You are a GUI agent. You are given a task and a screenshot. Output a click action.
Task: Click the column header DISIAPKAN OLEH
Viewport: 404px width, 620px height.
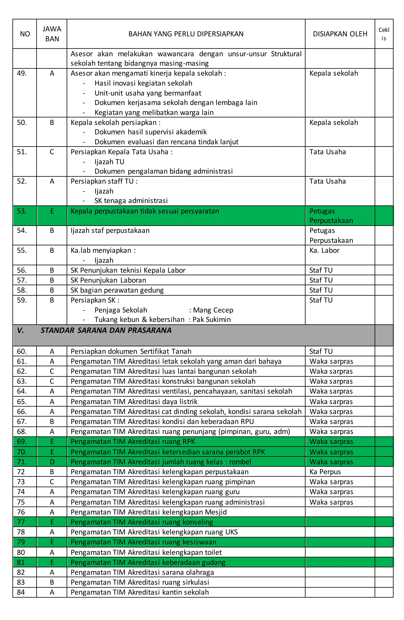[340, 34]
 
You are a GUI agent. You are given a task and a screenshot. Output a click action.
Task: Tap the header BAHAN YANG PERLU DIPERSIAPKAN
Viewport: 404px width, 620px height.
[186, 34]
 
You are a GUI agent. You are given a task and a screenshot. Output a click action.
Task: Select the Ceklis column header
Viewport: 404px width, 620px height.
[384, 34]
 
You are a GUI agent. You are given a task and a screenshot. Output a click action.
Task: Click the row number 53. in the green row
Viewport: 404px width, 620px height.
[22, 211]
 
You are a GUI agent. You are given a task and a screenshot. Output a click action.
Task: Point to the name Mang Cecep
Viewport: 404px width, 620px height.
[213, 310]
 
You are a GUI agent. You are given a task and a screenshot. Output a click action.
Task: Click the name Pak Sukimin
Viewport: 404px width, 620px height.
[211, 320]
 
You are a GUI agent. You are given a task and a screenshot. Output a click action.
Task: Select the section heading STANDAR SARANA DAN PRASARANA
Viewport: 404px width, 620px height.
[106, 330]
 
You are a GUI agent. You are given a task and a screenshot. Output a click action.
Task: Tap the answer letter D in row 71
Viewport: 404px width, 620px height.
[52, 462]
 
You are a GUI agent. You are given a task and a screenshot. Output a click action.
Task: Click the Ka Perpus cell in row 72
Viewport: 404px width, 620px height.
[325, 472]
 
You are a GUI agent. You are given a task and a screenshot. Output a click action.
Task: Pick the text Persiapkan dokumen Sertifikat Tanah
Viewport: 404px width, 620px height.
[131, 351]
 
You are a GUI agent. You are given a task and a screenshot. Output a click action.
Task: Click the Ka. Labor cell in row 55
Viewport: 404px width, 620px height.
[324, 250]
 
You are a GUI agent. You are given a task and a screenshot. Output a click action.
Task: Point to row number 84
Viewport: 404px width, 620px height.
[21, 592]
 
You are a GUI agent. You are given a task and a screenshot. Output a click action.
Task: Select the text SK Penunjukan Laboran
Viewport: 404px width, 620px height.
[108, 280]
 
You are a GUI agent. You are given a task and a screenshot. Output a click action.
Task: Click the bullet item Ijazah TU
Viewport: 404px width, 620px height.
[109, 162]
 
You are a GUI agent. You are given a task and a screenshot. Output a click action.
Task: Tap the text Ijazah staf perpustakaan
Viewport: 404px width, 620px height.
[110, 231]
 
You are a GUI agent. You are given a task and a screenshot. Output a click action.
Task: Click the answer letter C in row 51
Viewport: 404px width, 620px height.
[52, 152]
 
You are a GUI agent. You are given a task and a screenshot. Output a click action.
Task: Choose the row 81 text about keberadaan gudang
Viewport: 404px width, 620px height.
[148, 562]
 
